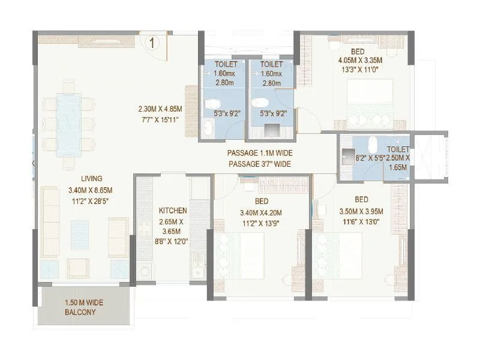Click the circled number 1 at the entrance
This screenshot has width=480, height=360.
152,43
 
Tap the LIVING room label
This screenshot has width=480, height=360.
92,178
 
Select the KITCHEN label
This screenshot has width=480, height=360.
173,211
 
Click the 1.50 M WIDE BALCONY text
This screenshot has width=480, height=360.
84,307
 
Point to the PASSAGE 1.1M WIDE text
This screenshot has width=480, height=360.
260,153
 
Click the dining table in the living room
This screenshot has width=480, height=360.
69,125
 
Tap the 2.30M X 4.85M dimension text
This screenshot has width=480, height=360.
160,109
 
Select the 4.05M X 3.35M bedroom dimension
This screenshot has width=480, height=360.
360,61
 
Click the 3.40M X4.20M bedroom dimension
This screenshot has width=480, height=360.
261,213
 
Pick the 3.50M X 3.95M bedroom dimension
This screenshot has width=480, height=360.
361,212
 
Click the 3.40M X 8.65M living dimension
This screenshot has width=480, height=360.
91,190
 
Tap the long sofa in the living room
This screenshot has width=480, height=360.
50,221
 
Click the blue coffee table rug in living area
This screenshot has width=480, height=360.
80,235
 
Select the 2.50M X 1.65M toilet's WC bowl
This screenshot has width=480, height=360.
373,145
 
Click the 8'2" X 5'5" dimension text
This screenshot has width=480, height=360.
370,158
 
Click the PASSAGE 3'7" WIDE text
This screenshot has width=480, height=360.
260,164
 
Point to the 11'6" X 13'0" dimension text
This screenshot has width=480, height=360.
361,221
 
